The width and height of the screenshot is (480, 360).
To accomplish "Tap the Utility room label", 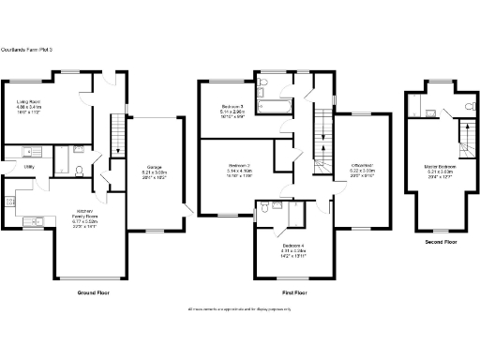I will [29, 166].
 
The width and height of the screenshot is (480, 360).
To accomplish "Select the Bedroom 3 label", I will [232, 106].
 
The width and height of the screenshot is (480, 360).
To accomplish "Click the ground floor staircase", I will [116, 136].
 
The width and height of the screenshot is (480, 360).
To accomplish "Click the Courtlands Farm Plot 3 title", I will [25, 49].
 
